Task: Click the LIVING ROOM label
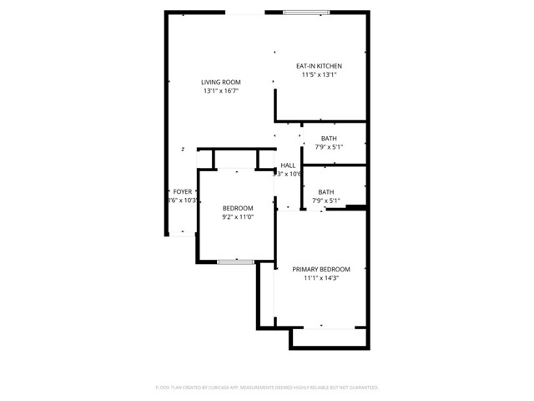point(221,82)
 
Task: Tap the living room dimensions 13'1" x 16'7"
point(221,91)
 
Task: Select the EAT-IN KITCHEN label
point(320,66)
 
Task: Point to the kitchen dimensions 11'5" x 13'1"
point(320,75)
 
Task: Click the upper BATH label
point(329,139)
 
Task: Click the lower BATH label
point(325,191)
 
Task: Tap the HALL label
point(288,165)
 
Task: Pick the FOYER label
point(182,191)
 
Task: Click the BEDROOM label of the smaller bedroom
point(238,208)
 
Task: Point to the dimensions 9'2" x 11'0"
point(238,217)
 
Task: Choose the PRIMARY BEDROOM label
point(321,269)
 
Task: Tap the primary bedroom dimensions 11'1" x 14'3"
point(321,278)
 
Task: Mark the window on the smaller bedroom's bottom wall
point(235,262)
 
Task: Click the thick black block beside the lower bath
point(356,207)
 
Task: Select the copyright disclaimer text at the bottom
point(267,388)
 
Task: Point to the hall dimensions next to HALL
point(288,175)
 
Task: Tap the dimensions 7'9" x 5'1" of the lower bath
point(325,200)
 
